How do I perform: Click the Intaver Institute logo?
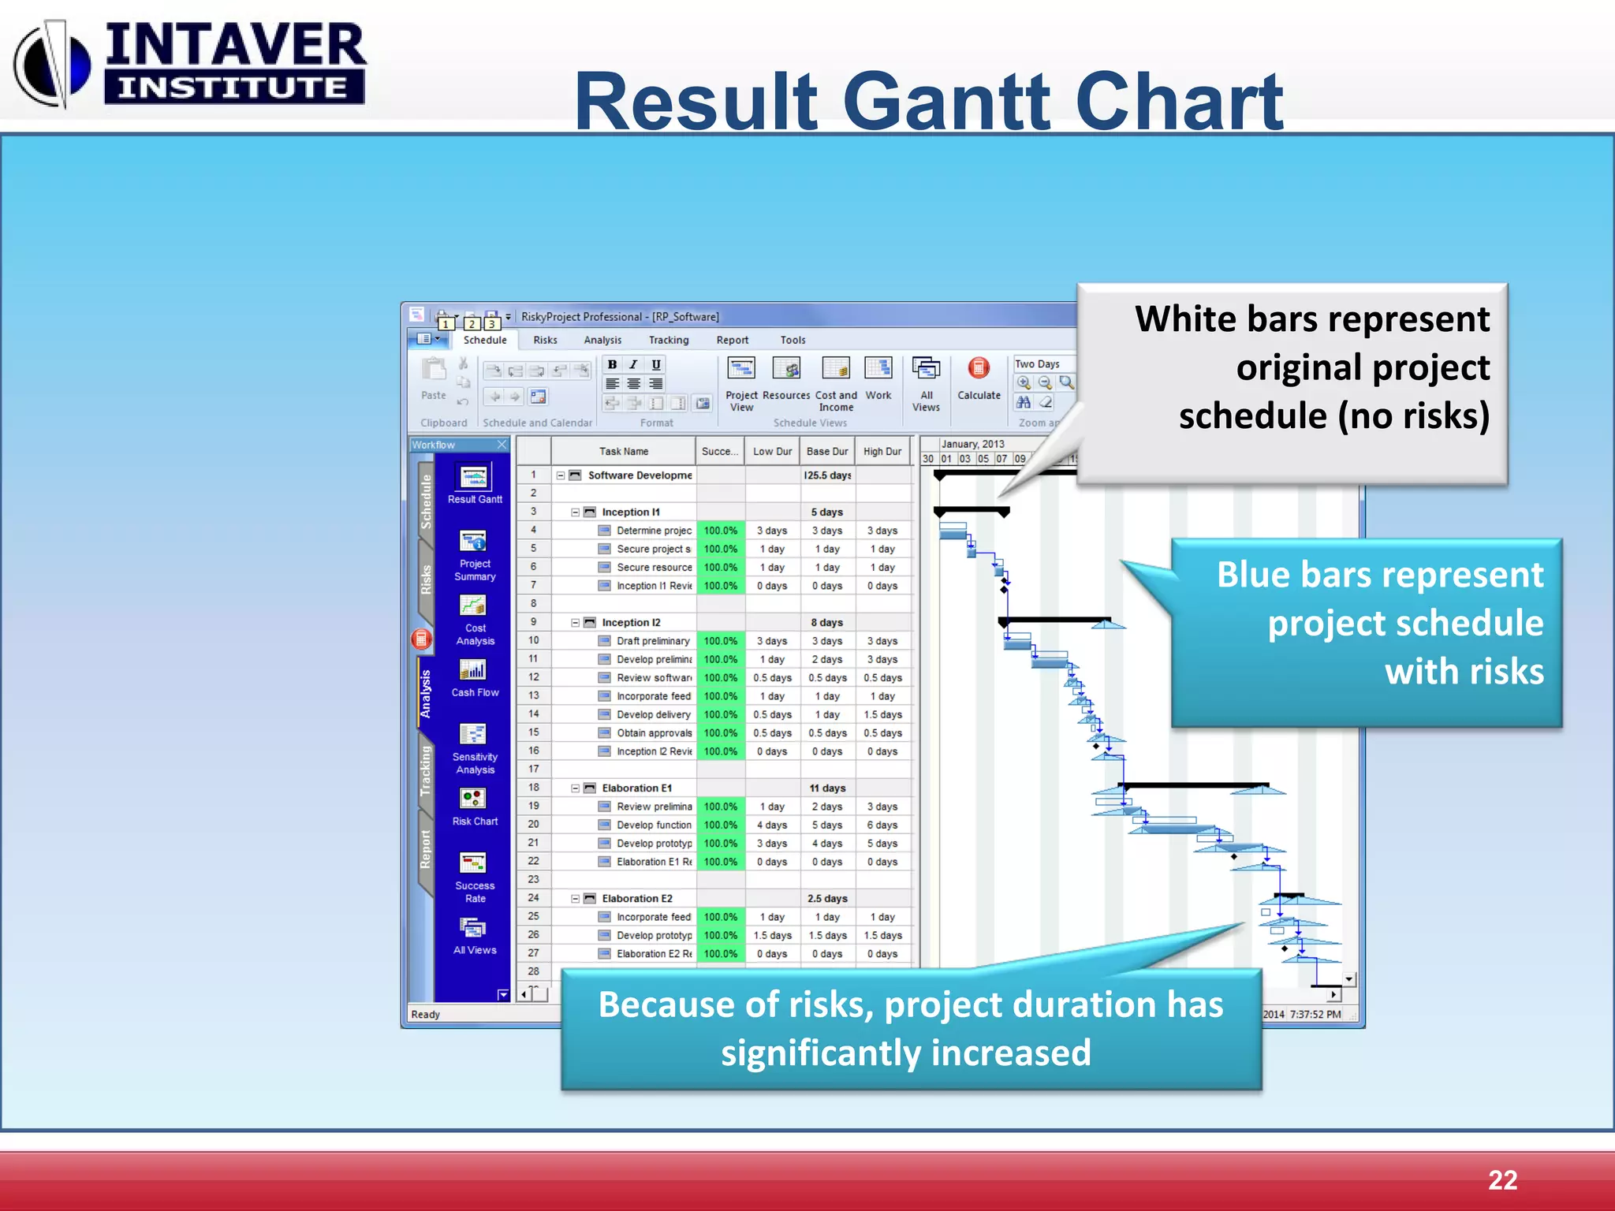[x=189, y=63]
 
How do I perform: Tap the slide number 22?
[x=1501, y=1179]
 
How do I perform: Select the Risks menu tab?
[x=545, y=340]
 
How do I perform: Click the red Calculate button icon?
[x=979, y=368]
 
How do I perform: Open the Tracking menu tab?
[x=668, y=340]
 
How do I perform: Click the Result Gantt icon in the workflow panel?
[x=474, y=478]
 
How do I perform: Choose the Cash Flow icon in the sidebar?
[x=474, y=671]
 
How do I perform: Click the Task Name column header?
[x=623, y=452]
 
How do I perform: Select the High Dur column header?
[x=882, y=452]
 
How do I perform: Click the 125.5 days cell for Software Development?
[x=826, y=475]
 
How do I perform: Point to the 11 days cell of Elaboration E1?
[x=826, y=788]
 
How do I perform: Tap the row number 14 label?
[x=534, y=714]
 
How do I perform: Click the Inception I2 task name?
[x=631, y=623]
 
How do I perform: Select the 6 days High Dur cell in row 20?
[x=882, y=825]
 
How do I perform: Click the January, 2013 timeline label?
[x=972, y=444]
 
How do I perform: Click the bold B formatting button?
[x=612, y=364]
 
